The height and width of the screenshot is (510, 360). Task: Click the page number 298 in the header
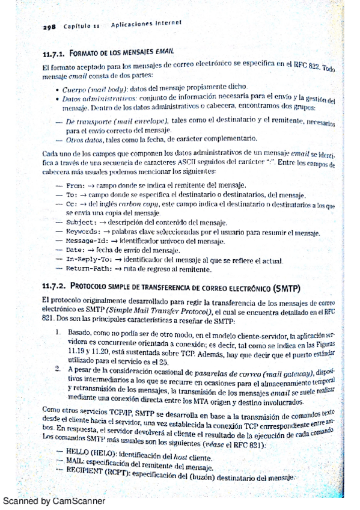49,28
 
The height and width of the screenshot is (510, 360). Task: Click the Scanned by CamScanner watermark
53,500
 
